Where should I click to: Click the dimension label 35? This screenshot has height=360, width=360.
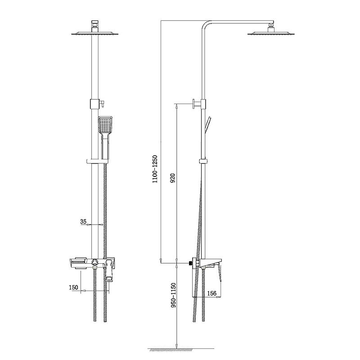coord(83,221)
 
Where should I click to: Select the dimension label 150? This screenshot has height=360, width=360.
coord(73,287)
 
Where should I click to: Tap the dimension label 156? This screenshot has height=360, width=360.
coord(211,293)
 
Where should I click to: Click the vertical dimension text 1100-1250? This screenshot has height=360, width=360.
coord(155,169)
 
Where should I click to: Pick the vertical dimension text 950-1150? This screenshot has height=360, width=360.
coord(173,295)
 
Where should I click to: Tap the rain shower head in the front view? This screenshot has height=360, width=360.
coord(95,33)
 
